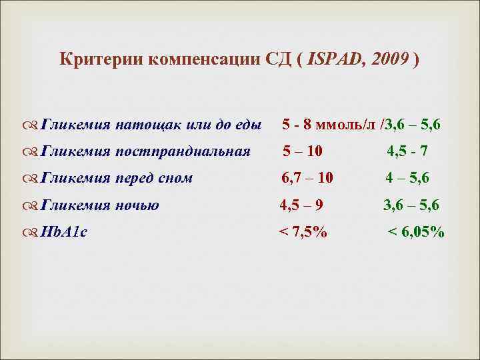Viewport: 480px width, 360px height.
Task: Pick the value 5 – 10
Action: click(x=303, y=151)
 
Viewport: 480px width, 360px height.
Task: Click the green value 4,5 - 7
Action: click(x=408, y=151)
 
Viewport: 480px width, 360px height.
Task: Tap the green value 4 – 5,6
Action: click(x=407, y=179)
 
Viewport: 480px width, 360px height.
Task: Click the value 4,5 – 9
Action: click(x=301, y=205)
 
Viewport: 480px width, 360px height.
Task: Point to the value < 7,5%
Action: click(x=303, y=233)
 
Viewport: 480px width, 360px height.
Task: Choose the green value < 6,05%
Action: click(x=416, y=233)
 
